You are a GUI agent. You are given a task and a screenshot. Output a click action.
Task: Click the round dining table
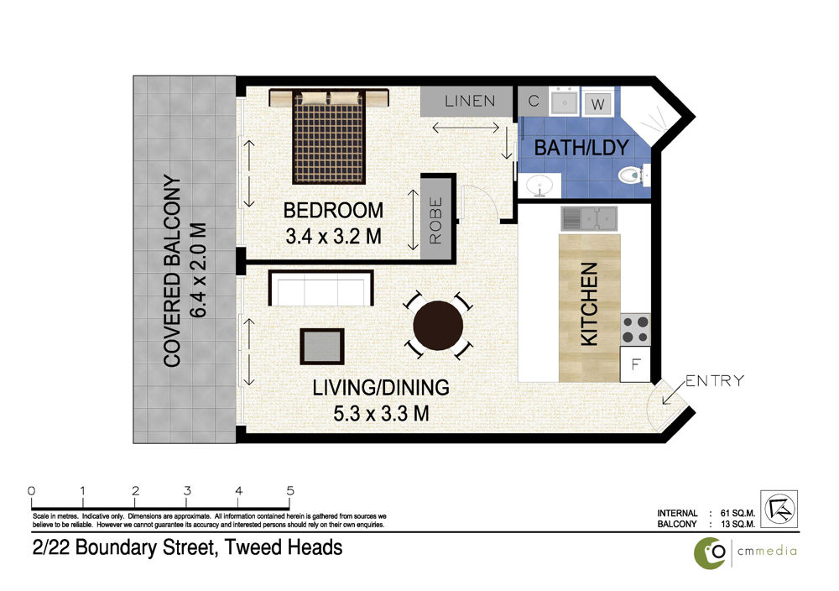coord(438,326)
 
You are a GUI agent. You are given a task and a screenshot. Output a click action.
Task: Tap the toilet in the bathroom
coord(633,175)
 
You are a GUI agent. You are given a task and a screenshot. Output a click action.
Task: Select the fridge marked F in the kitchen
coord(635,364)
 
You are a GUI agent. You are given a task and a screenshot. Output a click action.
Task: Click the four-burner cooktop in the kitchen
coord(635,329)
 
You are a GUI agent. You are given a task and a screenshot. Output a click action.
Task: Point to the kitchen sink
coord(589,219)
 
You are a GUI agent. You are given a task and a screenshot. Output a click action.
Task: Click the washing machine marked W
coord(597,103)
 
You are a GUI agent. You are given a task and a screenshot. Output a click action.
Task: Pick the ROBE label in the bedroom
coord(435,221)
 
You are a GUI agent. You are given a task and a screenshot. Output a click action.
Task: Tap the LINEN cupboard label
coord(470,101)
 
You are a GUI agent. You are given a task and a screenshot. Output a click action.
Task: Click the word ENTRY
coord(714,380)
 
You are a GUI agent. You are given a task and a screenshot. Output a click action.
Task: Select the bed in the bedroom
coord(329,136)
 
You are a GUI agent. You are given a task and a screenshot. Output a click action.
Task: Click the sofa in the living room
coord(320,288)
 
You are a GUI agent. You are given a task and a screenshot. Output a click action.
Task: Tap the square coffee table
coord(322,347)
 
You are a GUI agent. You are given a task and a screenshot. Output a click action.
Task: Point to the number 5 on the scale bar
coord(290,490)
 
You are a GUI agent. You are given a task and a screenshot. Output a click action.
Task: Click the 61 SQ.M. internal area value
coord(737,514)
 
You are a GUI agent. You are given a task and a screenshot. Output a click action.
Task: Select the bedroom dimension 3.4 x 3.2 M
coord(333,236)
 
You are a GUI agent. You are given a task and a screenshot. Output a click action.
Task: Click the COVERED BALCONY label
coord(172,271)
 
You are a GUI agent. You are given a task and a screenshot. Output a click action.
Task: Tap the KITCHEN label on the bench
coord(589,304)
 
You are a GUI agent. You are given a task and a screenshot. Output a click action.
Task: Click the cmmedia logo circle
coord(710,553)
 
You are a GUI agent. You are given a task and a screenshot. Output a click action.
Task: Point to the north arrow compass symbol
coord(779,509)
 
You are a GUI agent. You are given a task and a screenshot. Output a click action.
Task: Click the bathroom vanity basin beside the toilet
coord(539,186)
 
